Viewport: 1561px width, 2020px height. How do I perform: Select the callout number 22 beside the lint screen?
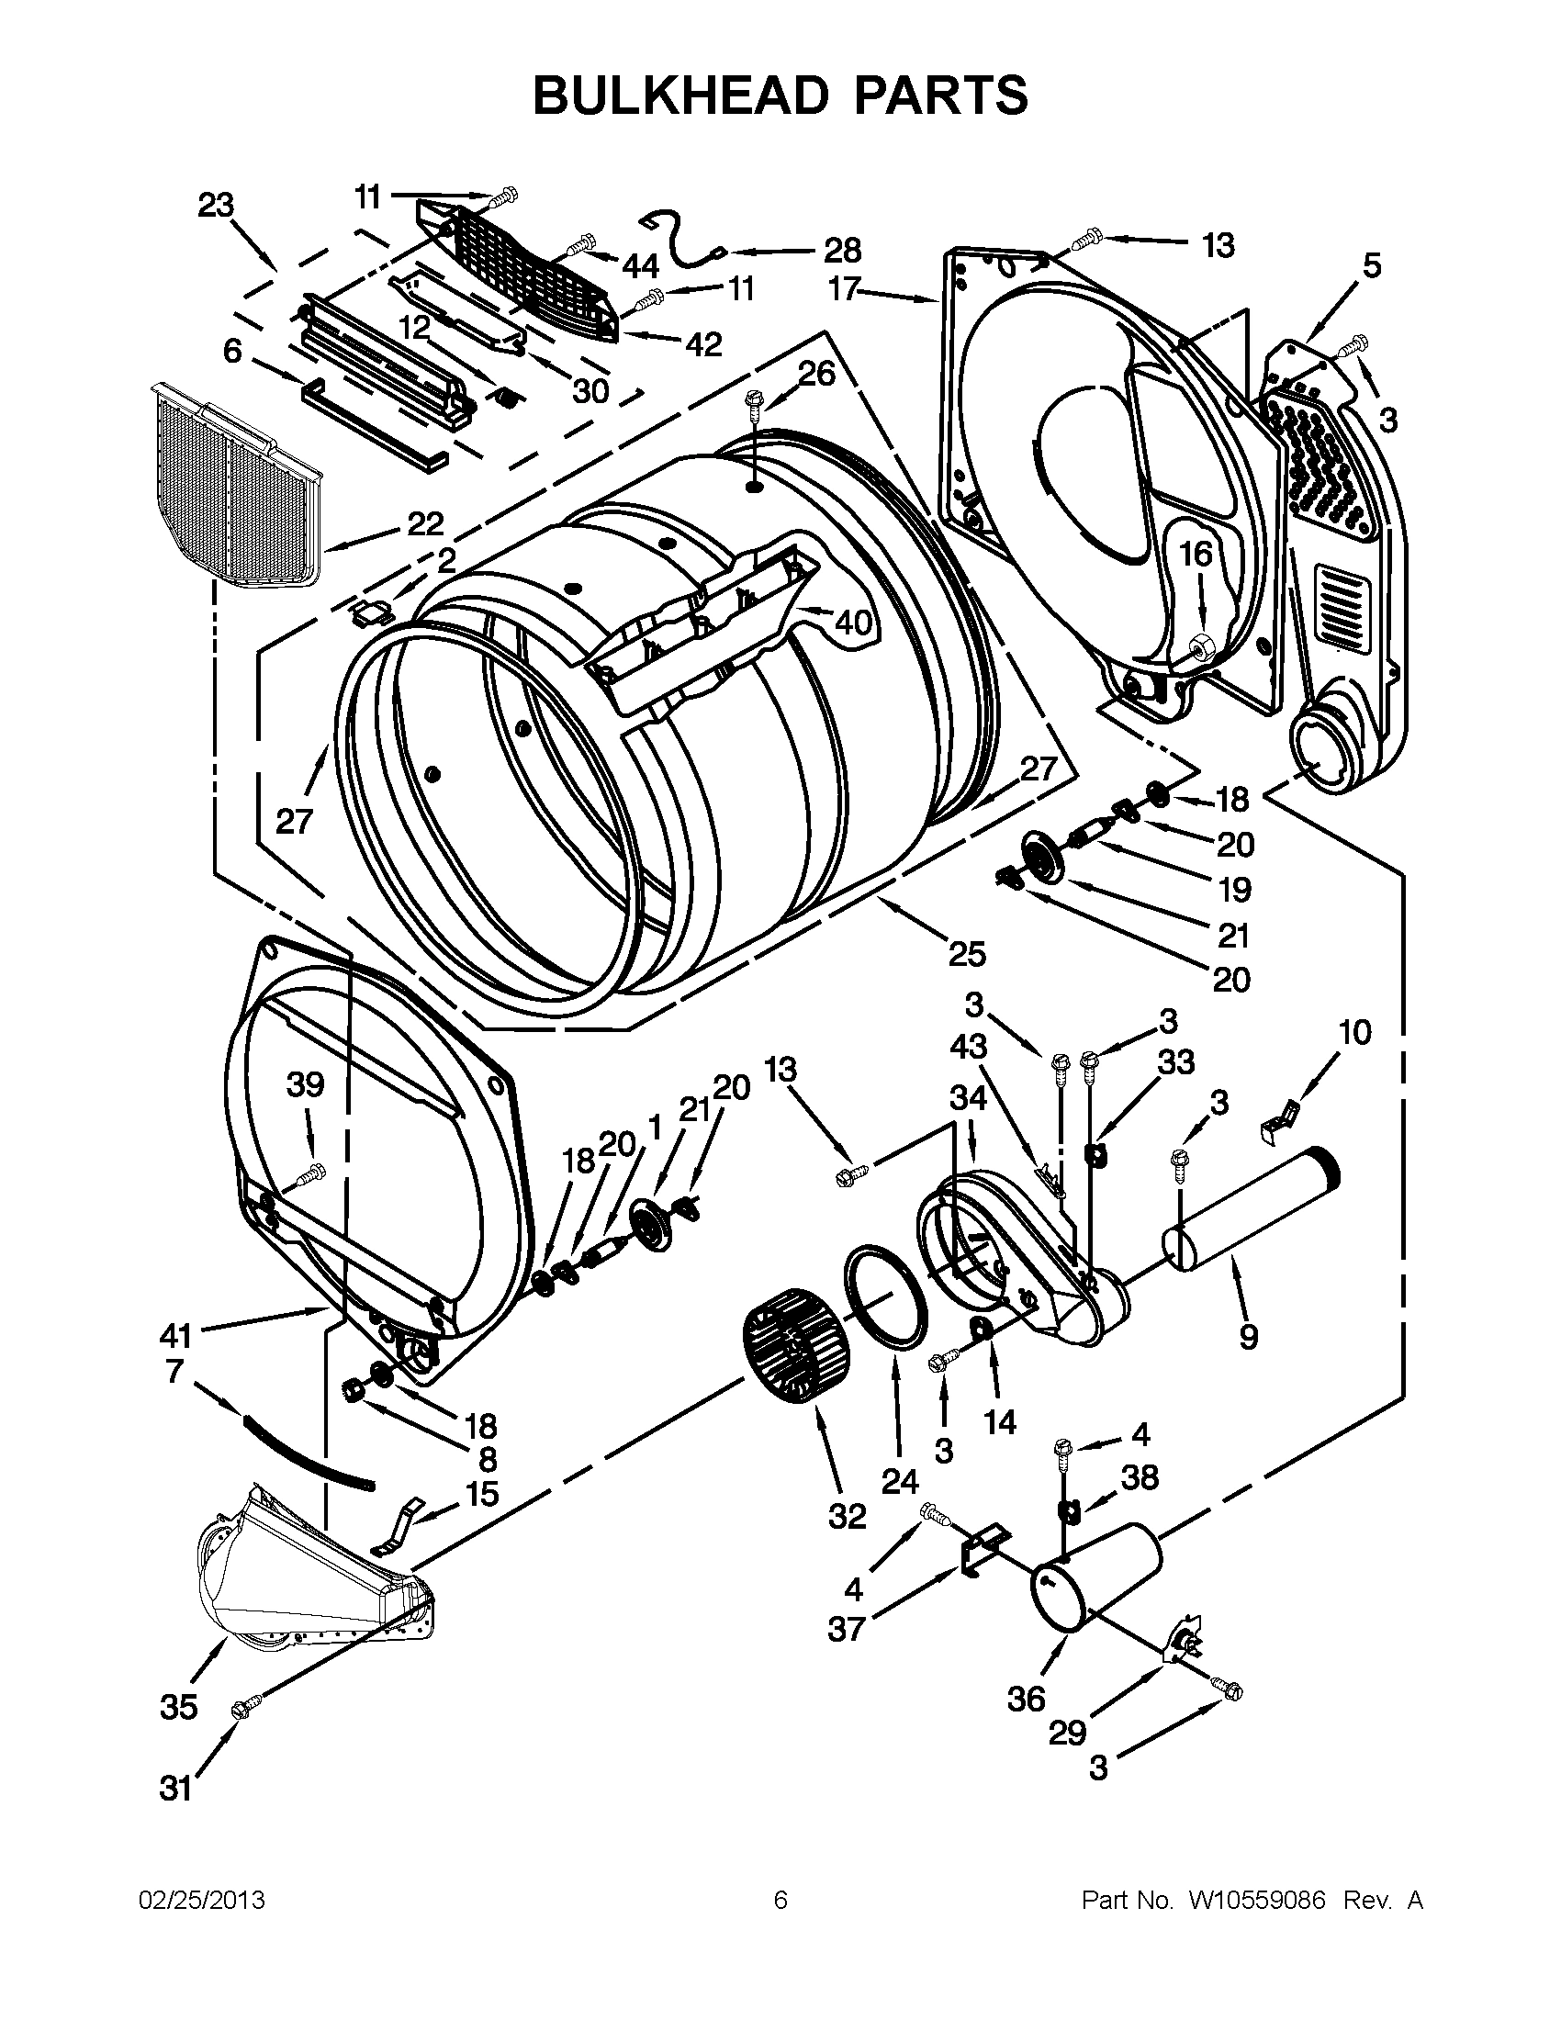tap(425, 524)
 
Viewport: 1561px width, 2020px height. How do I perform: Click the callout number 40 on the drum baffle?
tap(853, 623)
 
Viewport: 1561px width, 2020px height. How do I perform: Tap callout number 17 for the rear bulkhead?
tap(844, 290)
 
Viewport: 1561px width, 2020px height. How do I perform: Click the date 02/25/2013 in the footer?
tap(202, 1901)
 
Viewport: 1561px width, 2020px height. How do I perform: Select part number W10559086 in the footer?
tap(1257, 1901)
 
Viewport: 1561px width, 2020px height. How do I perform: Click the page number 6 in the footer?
tap(780, 1901)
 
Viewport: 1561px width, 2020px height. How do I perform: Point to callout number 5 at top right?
tap(1372, 265)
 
